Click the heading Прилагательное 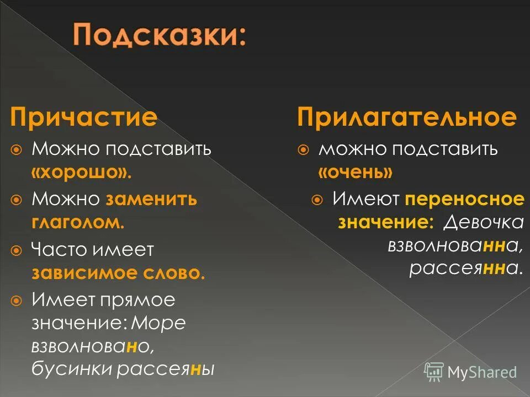(407, 118)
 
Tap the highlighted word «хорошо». (82, 173)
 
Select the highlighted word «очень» (355, 173)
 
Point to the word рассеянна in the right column (465, 269)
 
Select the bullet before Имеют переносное (317, 200)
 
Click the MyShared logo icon (434, 371)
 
